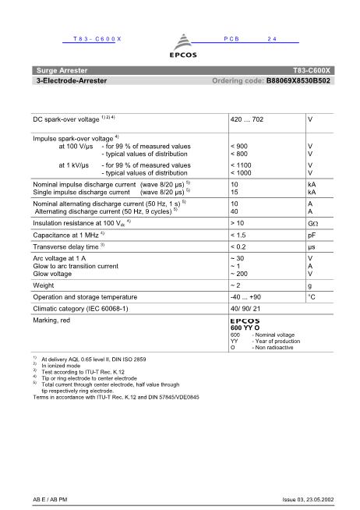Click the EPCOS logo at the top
tap(180, 48)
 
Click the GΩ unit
tap(312, 222)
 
